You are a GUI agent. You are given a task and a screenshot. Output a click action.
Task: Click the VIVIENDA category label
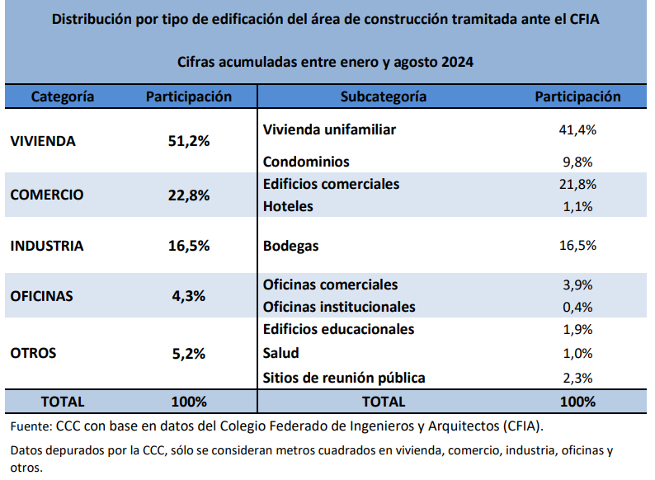[x=43, y=141]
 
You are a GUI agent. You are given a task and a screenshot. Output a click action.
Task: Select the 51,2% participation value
[x=189, y=141]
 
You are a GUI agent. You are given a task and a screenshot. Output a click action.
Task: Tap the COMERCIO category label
[x=47, y=195]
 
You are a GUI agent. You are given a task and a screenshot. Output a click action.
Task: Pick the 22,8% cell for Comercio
[x=189, y=195]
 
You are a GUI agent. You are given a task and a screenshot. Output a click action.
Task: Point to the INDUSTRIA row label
[x=47, y=246]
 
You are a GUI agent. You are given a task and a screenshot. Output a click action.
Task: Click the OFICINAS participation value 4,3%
[x=189, y=296]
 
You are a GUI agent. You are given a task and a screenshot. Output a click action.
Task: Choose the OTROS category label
[x=33, y=353]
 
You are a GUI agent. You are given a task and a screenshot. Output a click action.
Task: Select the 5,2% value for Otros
[x=189, y=354]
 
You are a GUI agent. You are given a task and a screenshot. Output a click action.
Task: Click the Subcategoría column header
[x=384, y=96]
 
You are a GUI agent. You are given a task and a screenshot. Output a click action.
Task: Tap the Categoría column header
[x=63, y=96]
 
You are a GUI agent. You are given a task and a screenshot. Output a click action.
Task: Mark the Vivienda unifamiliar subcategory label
[x=329, y=129]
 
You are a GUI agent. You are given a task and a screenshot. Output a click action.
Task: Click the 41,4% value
[x=577, y=130]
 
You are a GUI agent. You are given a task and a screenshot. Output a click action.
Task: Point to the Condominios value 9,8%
[x=577, y=162]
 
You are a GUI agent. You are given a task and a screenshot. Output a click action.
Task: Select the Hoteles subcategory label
[x=288, y=206]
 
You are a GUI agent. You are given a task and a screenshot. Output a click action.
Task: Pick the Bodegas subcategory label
[x=290, y=246]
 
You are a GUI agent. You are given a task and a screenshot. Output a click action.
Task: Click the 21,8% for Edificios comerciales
[x=577, y=184]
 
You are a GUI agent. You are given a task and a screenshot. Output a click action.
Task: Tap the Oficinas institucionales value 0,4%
[x=577, y=308]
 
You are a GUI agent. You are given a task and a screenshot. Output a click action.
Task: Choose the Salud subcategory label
[x=280, y=353]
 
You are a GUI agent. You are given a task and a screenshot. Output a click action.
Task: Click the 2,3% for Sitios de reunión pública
[x=577, y=379]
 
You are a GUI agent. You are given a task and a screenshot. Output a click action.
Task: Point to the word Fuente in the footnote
[x=31, y=426]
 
